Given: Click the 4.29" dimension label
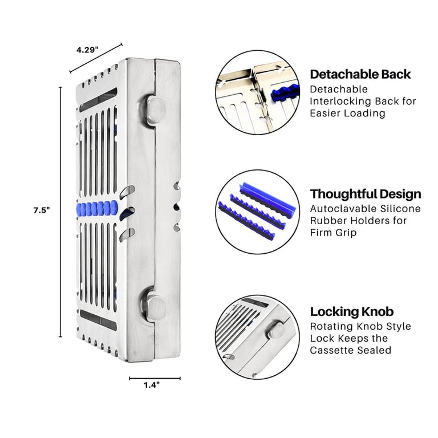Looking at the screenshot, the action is pos(87,50).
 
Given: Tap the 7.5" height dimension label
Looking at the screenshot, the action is pos(42,210).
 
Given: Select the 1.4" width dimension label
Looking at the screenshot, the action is pos(152,385).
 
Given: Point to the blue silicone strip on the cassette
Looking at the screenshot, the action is pos(97,208).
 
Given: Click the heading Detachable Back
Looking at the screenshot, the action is pos(360,74).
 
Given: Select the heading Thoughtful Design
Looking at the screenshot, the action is pos(366,194).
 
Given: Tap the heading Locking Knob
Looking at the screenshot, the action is pos(352,312).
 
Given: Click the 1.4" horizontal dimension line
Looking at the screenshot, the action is pos(155,378).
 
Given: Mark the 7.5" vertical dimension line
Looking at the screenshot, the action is pos(60,212).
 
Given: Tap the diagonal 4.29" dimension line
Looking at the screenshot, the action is pos(96,58).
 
